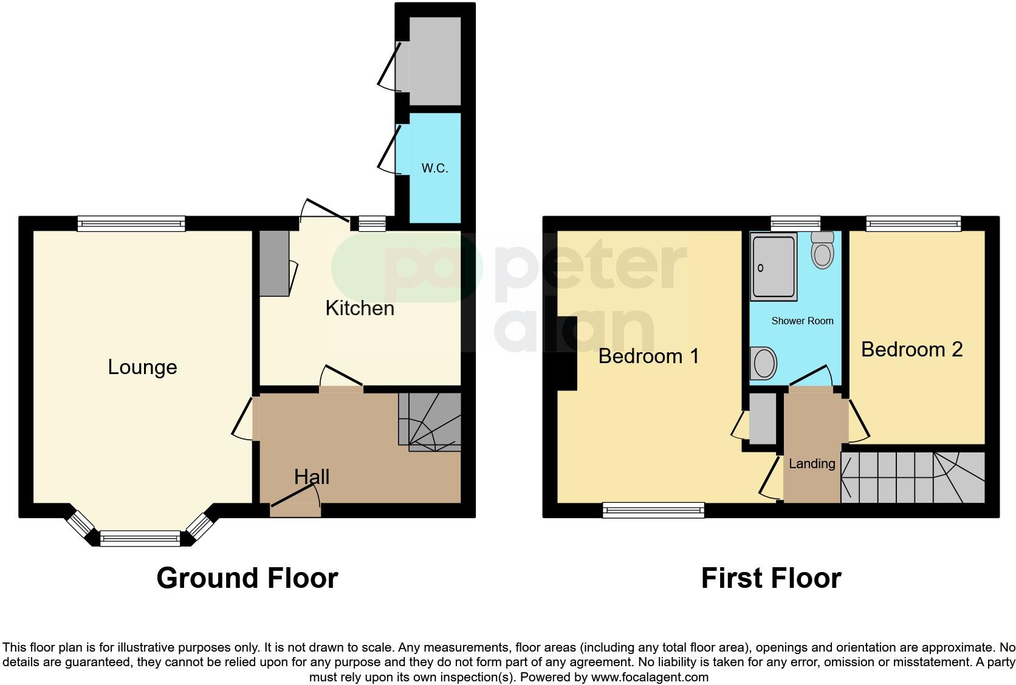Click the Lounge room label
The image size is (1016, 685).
pyautogui.click(x=142, y=367)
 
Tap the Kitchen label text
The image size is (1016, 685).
pyautogui.click(x=360, y=308)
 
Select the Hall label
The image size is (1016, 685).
pyautogui.click(x=312, y=477)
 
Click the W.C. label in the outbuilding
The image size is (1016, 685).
pyautogui.click(x=435, y=168)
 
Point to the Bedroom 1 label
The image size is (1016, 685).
pyautogui.click(x=648, y=356)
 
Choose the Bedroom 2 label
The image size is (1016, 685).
pyautogui.click(x=911, y=349)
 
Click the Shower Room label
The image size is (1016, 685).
pyautogui.click(x=802, y=321)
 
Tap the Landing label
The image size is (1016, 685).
pyautogui.click(x=812, y=464)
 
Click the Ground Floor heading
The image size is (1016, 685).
pyautogui.click(x=247, y=578)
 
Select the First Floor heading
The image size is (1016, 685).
pyautogui.click(x=771, y=578)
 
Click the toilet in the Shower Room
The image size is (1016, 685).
pyautogui.click(x=822, y=251)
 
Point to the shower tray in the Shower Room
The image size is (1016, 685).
pyautogui.click(x=774, y=267)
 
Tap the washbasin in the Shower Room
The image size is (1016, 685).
pyautogui.click(x=764, y=364)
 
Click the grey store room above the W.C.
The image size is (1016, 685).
pyautogui.click(x=434, y=61)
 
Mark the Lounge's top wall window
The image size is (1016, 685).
pyautogui.click(x=131, y=224)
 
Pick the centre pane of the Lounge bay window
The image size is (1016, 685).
pyautogui.click(x=140, y=537)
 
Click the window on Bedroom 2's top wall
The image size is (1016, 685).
pyautogui.click(x=913, y=224)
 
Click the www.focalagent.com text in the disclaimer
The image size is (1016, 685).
pyautogui.click(x=650, y=676)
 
